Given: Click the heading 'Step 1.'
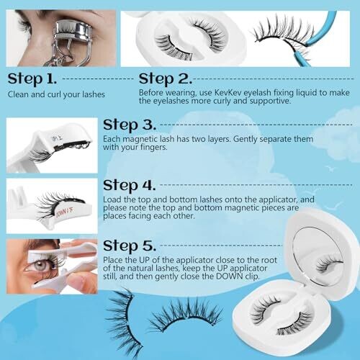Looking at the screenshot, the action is pyautogui.click(x=32, y=79).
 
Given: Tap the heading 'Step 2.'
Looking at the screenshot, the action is pyautogui.click(x=166, y=79).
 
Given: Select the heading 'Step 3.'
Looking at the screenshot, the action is pyautogui.click(x=130, y=125).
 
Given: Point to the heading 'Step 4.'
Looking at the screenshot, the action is pyautogui.click(x=130, y=186).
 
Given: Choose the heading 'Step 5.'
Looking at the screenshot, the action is pyautogui.click(x=130, y=246).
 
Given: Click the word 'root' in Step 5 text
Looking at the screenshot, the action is pyautogui.click(x=269, y=260).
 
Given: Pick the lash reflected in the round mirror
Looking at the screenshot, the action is pyautogui.click(x=328, y=264).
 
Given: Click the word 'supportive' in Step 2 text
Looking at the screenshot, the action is pyautogui.click(x=270, y=101).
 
